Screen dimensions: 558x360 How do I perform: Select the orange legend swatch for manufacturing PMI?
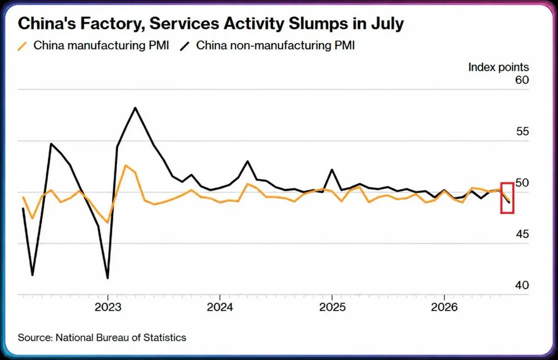pos(22,47)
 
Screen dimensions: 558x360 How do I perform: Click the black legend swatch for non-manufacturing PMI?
pos(185,47)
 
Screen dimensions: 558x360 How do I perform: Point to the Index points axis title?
pos(498,67)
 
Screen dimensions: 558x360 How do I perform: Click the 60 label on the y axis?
pos(522,80)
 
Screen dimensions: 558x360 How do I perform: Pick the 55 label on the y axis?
pos(522,131)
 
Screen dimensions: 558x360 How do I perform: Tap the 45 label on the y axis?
pos(522,234)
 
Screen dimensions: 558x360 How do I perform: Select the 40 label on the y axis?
pos(522,285)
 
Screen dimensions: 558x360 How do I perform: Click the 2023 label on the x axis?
pos(108,307)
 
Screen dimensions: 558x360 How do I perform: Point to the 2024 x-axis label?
pos(220,307)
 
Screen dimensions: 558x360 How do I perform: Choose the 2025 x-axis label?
pos(332,307)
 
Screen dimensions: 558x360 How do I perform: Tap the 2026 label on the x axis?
pos(445,307)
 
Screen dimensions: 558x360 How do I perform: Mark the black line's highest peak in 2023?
pos(135,107)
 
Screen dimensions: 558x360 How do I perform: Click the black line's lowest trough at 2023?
pos(107,278)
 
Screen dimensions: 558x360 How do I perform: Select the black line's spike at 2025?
pos(332,169)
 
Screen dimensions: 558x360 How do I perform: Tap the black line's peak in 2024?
pos(247,161)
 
